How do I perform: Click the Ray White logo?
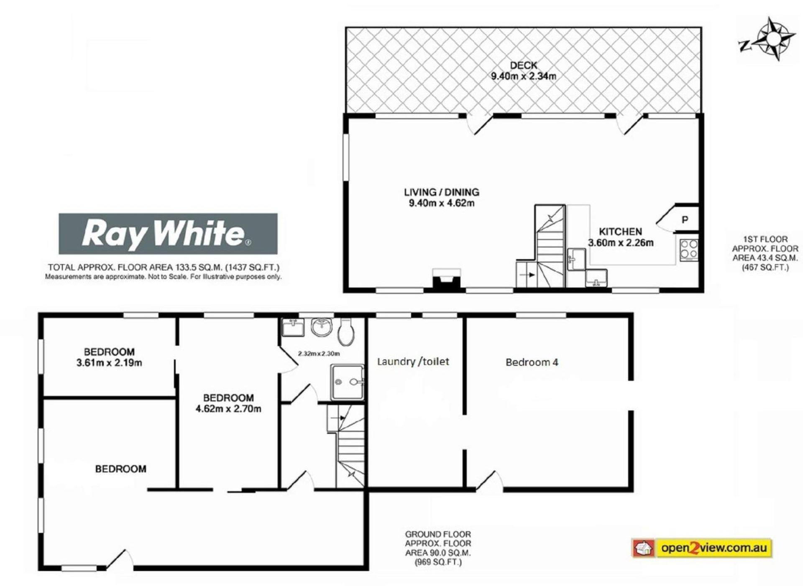[168, 234]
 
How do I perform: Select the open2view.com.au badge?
[702, 548]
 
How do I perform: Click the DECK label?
[524, 65]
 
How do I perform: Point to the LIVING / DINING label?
[441, 192]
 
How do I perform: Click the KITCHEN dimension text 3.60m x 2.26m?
[621, 242]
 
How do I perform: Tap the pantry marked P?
[685, 219]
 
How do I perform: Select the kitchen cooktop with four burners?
[688, 250]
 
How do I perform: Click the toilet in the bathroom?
[346, 332]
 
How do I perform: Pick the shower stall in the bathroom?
[347, 382]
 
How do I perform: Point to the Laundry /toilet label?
[413, 362]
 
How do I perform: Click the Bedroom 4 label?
[532, 362]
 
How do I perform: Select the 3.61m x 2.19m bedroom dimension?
[109, 363]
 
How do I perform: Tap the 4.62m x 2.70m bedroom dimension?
[228, 409]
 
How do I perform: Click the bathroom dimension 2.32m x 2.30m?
[319, 354]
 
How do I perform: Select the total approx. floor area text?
[164, 268]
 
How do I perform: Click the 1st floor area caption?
[765, 253]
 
